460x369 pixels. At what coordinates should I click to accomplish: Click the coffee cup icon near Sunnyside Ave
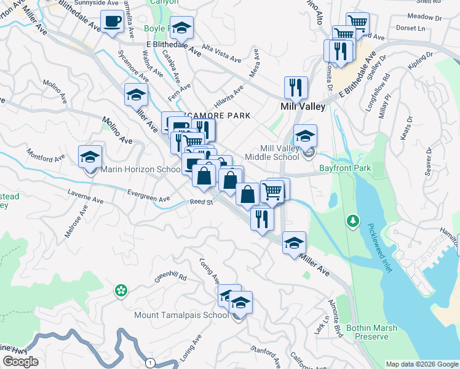[x=112, y=23]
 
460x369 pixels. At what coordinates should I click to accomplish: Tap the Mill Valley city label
[x=302, y=106]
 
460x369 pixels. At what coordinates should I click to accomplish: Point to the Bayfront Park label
[x=345, y=168]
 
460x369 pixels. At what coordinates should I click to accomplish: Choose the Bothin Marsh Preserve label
[x=367, y=332]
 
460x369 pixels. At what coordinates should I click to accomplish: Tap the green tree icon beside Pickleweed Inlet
[x=352, y=220]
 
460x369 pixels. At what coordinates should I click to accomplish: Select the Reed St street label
[x=201, y=202]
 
